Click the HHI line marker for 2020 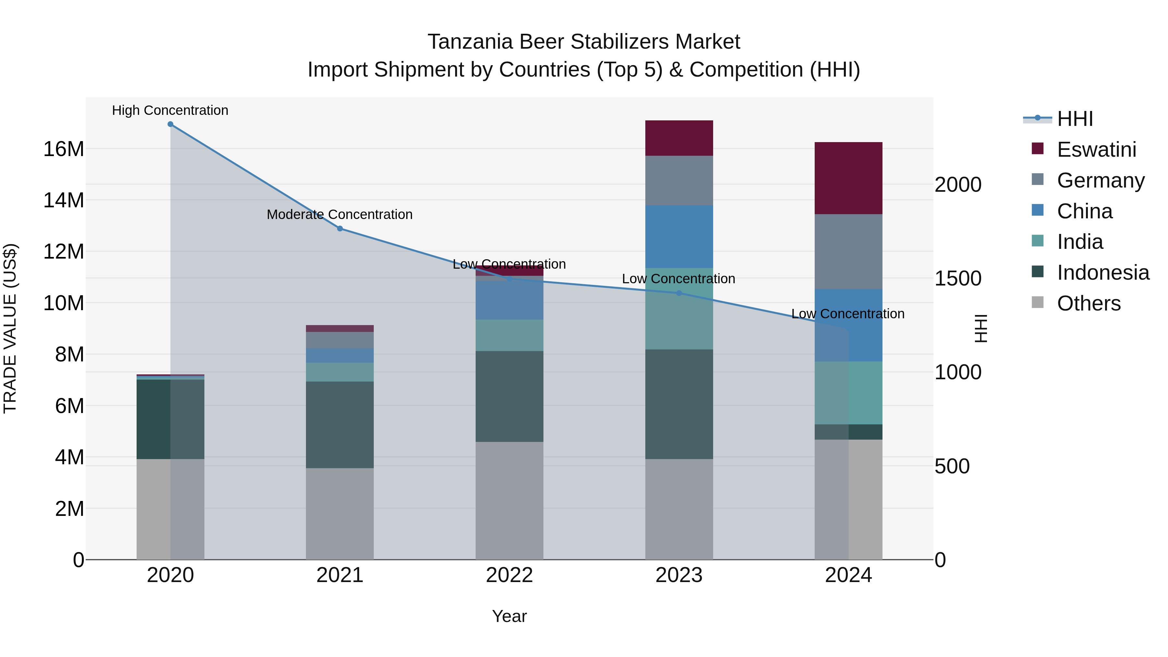click(x=170, y=124)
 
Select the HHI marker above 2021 click(x=340, y=228)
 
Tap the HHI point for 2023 click(x=679, y=293)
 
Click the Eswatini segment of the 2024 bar click(x=848, y=178)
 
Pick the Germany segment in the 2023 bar click(x=679, y=180)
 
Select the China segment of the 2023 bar click(x=679, y=237)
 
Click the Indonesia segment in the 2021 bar click(x=340, y=424)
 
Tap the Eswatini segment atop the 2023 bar click(x=679, y=138)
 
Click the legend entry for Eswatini click(x=1096, y=150)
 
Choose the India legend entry click(x=1079, y=242)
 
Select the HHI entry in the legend click(x=1075, y=119)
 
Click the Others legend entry click(x=1088, y=303)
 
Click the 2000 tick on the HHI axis click(x=958, y=185)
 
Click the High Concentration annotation click(x=170, y=110)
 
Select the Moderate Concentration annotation click(x=340, y=214)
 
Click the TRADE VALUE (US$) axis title click(x=10, y=328)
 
